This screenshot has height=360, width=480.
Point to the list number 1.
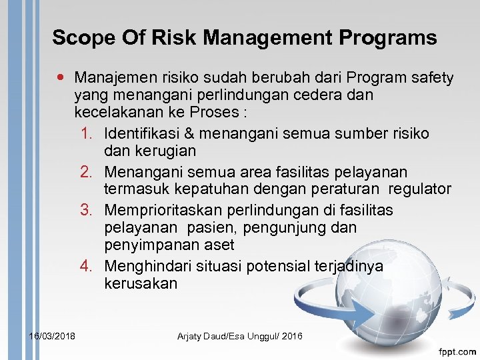click(87, 134)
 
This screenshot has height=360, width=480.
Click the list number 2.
click(87, 172)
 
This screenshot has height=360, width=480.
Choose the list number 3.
click(87, 210)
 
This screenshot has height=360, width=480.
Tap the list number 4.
click(87, 267)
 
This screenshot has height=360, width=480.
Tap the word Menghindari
click(148, 267)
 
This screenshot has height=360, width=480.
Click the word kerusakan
click(141, 283)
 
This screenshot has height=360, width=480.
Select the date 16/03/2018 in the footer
click(52, 336)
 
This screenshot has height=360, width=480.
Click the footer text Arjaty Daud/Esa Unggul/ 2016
click(239, 336)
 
